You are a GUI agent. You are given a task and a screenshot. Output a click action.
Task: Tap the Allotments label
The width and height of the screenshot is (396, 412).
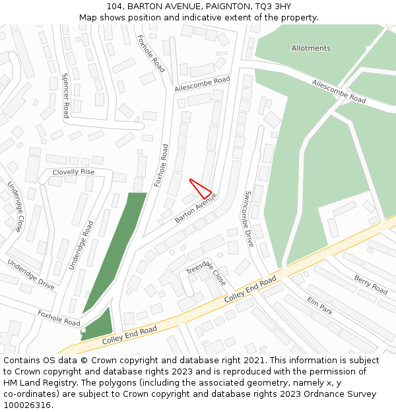(311, 48)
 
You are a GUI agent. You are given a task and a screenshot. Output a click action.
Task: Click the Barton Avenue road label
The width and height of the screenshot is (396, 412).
(196, 208)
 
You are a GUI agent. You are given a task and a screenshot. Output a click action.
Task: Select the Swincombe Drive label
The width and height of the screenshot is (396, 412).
(249, 219)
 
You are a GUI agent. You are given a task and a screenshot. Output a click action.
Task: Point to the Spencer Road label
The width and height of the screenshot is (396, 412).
(65, 95)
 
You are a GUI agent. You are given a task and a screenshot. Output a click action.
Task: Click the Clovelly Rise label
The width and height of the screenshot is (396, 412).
(74, 172)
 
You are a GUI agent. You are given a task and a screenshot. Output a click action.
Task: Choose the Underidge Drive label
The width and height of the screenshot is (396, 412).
(31, 274)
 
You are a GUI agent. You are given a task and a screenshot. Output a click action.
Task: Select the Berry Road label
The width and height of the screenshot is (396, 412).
(371, 285)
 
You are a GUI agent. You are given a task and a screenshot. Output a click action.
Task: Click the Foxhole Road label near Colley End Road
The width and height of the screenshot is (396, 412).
(59, 318)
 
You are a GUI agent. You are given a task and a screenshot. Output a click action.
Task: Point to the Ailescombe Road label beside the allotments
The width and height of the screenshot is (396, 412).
(339, 92)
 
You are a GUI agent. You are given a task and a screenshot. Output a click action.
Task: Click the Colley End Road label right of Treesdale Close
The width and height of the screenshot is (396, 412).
(250, 290)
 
